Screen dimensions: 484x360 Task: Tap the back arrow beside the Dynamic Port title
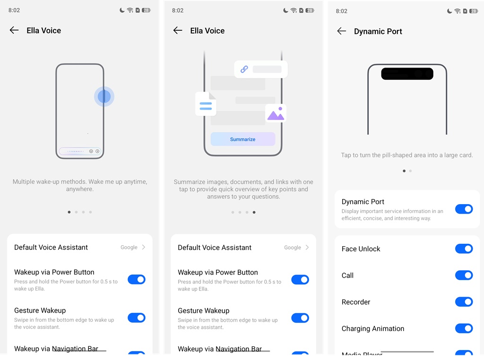coord(341,31)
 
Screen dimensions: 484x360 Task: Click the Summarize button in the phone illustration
coord(242,139)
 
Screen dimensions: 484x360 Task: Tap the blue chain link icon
coord(244,69)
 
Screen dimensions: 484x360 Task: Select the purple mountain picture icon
coord(276,113)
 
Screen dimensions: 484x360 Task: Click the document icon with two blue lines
coord(206,104)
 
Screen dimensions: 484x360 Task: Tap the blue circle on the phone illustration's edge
coord(104,96)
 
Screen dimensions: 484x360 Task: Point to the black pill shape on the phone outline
coord(407,74)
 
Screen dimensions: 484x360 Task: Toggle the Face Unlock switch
coord(464,249)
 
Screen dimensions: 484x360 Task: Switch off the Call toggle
coord(464,275)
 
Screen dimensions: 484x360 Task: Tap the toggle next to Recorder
coord(464,302)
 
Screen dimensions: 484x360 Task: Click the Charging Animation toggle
coord(464,328)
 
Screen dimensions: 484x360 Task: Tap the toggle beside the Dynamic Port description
coord(464,209)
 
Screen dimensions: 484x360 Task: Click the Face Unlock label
coord(361,249)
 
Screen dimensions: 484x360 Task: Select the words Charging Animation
coord(373,329)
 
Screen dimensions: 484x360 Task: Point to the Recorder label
coord(356,302)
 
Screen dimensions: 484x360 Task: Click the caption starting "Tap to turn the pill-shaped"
coord(407,155)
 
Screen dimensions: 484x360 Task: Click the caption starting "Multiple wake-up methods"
coord(80,185)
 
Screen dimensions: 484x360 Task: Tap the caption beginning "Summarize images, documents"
coord(243,189)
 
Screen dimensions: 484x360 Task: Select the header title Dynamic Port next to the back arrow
coord(378,32)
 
